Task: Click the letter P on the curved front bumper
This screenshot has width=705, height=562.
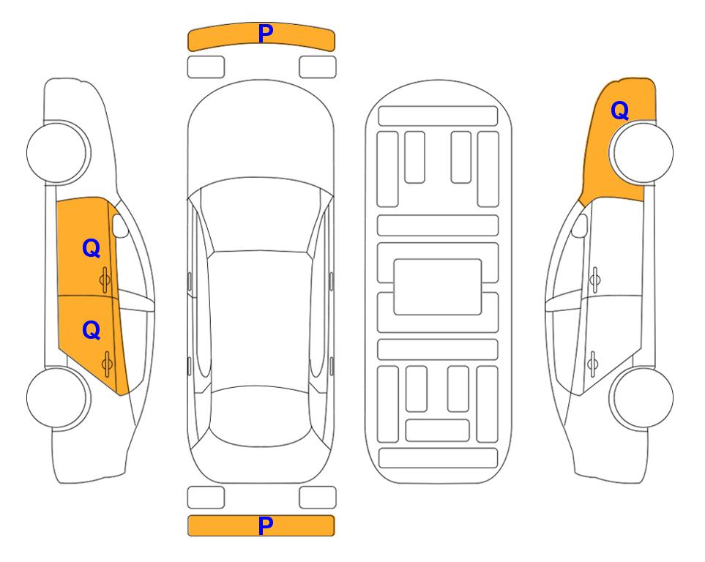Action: pos(265,34)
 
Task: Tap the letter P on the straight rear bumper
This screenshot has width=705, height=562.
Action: pos(265,525)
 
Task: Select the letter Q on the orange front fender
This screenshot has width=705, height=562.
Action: pos(619,110)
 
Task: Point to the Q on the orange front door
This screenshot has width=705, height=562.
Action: pos(92,248)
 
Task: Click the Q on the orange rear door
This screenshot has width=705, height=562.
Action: pos(92,331)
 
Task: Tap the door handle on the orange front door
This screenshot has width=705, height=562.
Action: pos(105,280)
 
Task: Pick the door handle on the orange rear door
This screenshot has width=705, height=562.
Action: pos(107,364)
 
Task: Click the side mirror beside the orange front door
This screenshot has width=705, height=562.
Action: pos(120,225)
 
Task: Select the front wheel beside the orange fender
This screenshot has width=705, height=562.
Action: pos(641,152)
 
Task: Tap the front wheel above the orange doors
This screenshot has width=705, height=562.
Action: pos(59,152)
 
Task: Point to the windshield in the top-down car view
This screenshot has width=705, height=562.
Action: pos(261,215)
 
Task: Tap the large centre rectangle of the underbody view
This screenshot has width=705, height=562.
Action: pos(438,287)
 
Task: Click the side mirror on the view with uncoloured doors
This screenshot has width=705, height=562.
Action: pos(580,225)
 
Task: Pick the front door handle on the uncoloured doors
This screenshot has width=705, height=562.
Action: pos(595,280)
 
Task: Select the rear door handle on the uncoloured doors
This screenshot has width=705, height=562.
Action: pos(593,364)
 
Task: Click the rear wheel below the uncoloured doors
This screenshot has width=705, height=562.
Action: pos(641,397)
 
